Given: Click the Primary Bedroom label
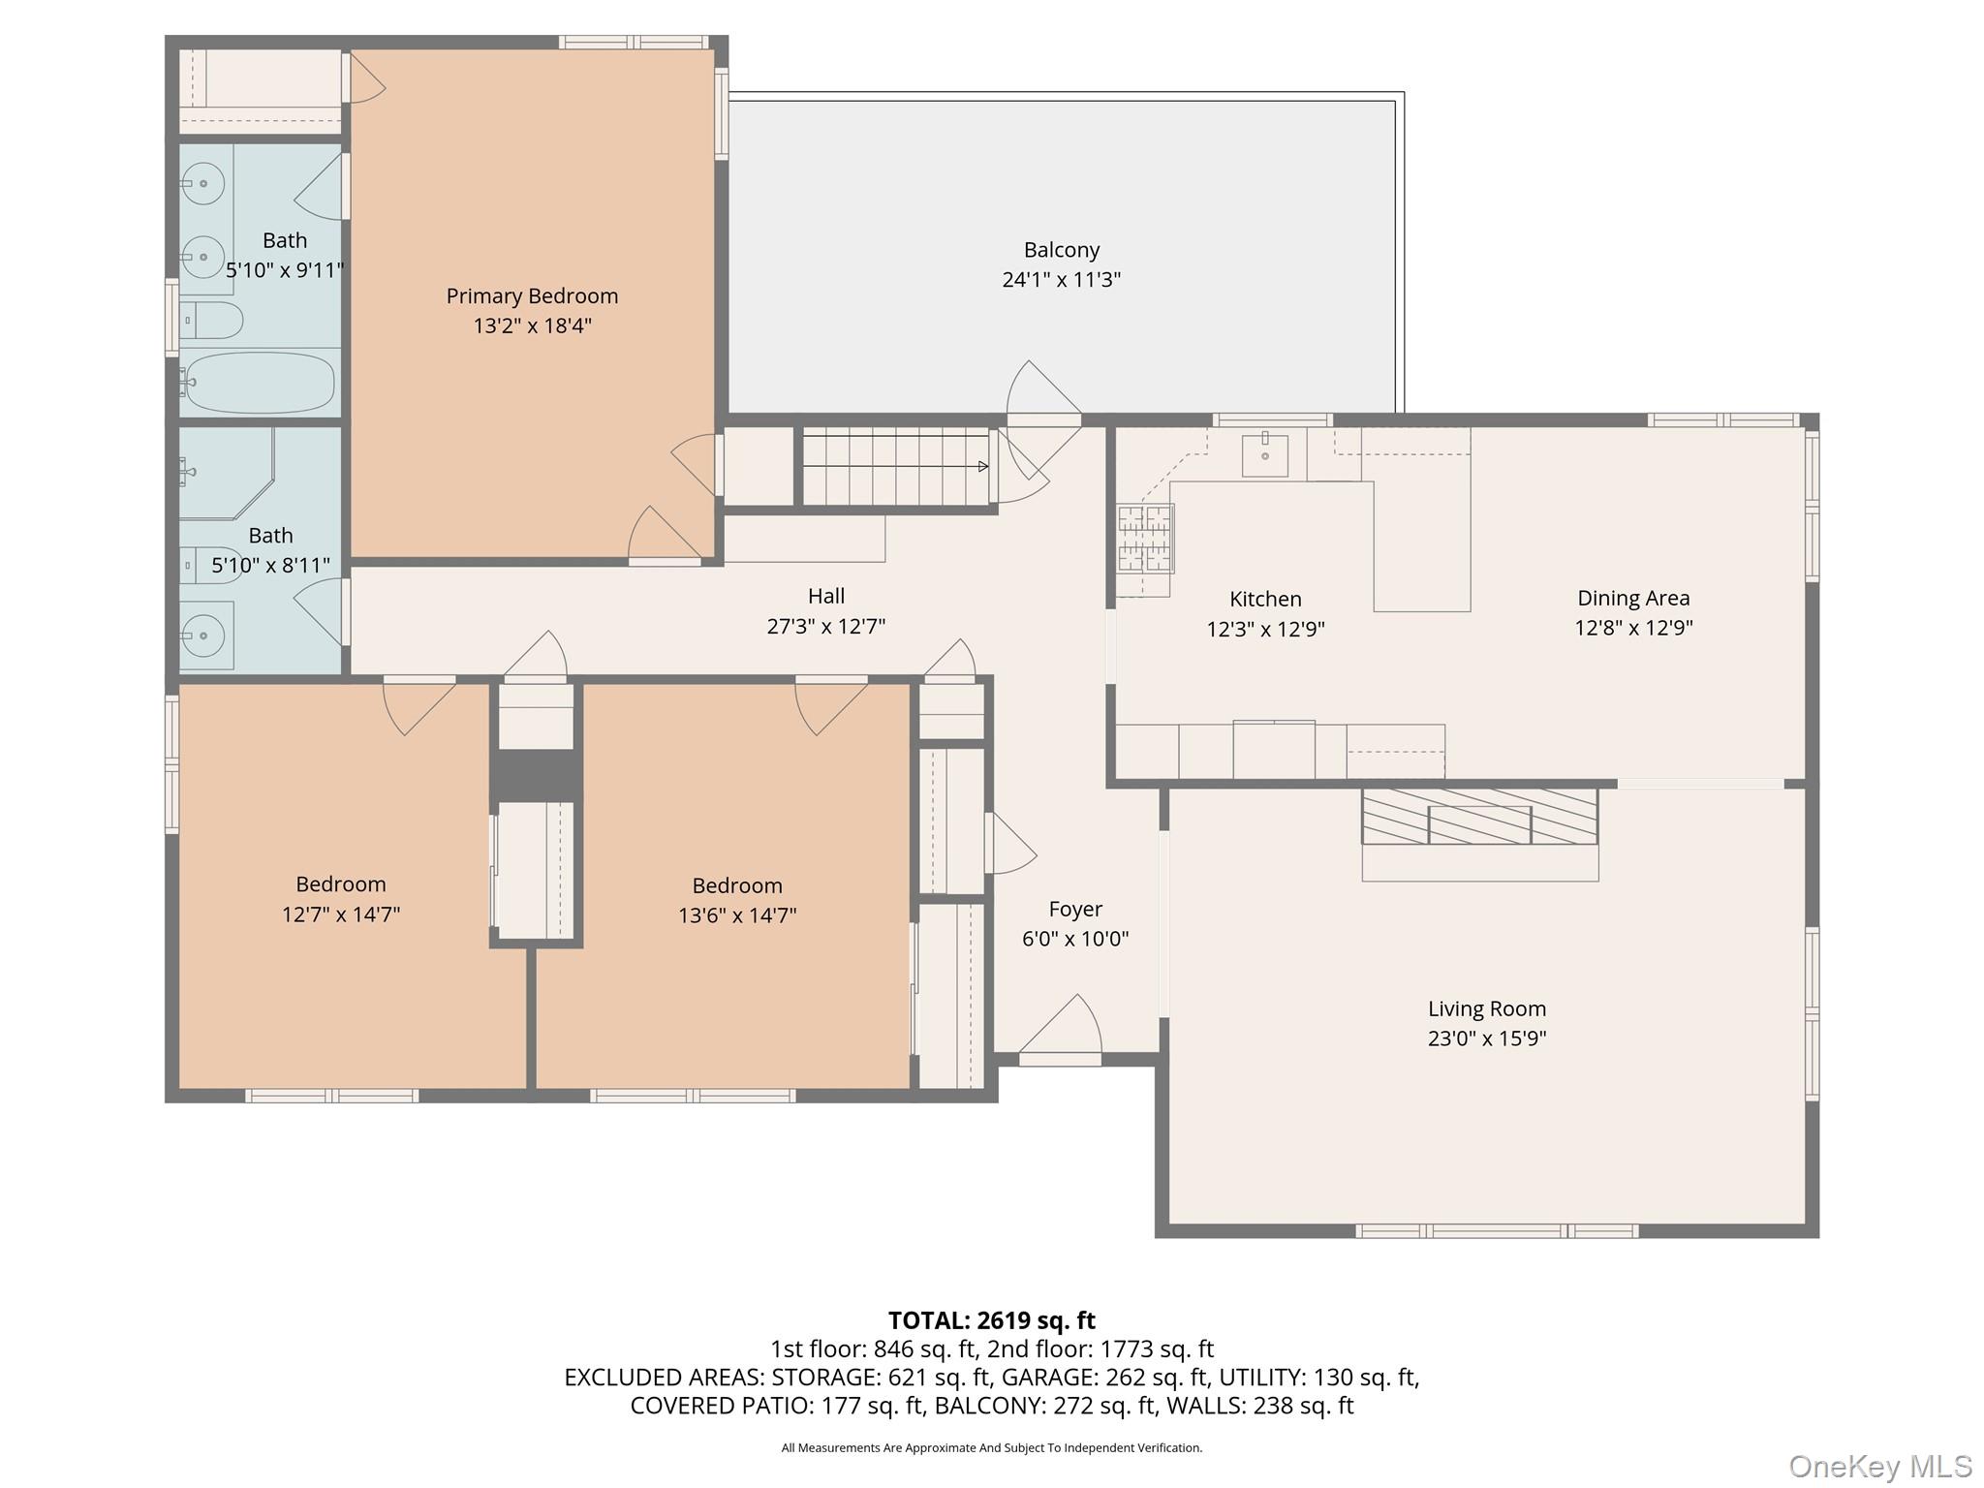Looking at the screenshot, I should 532,295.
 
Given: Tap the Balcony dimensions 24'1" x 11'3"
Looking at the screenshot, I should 1061,280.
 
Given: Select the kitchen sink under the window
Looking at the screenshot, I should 1264,455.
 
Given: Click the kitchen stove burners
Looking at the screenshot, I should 1145,539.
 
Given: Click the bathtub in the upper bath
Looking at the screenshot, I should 259,383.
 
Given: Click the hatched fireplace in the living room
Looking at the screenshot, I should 1479,816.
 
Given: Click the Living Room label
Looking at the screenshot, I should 1486,1008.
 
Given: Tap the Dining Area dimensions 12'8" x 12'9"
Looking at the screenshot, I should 1633,628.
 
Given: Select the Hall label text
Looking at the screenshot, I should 825,596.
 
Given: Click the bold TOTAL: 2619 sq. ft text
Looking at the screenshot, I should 991,1320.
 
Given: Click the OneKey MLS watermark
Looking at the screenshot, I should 1879,1466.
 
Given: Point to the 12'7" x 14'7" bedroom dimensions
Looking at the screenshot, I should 341,914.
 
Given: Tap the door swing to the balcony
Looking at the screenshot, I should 1042,392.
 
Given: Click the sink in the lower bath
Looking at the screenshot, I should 203,635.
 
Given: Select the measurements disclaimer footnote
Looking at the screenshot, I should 991,1448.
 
